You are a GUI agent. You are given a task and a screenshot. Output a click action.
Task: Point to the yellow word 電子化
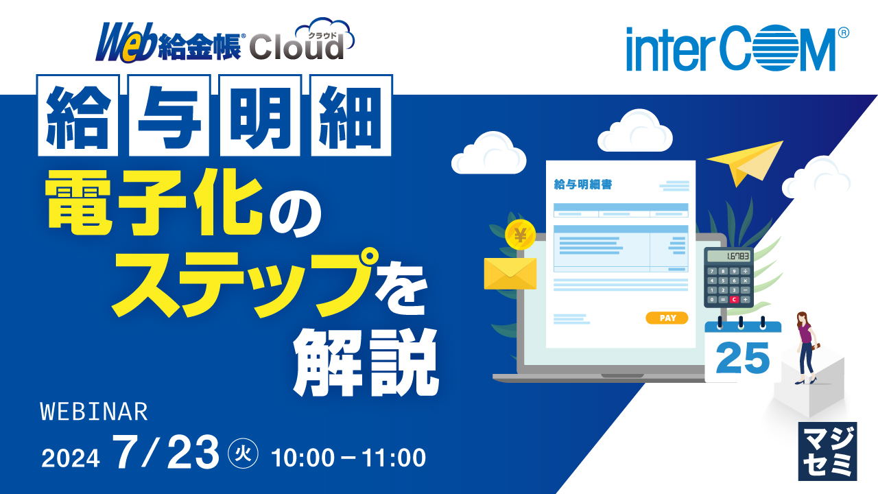click(155, 200)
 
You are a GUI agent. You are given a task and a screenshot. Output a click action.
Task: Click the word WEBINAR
click(95, 412)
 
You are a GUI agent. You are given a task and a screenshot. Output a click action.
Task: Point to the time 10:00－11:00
click(348, 457)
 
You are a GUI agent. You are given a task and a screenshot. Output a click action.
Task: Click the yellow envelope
click(510, 274)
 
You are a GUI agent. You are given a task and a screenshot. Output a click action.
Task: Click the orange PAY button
click(667, 318)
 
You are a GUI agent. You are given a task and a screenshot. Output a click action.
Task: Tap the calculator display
click(728, 257)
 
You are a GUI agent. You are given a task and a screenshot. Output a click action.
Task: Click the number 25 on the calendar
click(742, 357)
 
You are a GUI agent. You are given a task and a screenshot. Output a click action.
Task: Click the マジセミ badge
click(828, 451)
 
